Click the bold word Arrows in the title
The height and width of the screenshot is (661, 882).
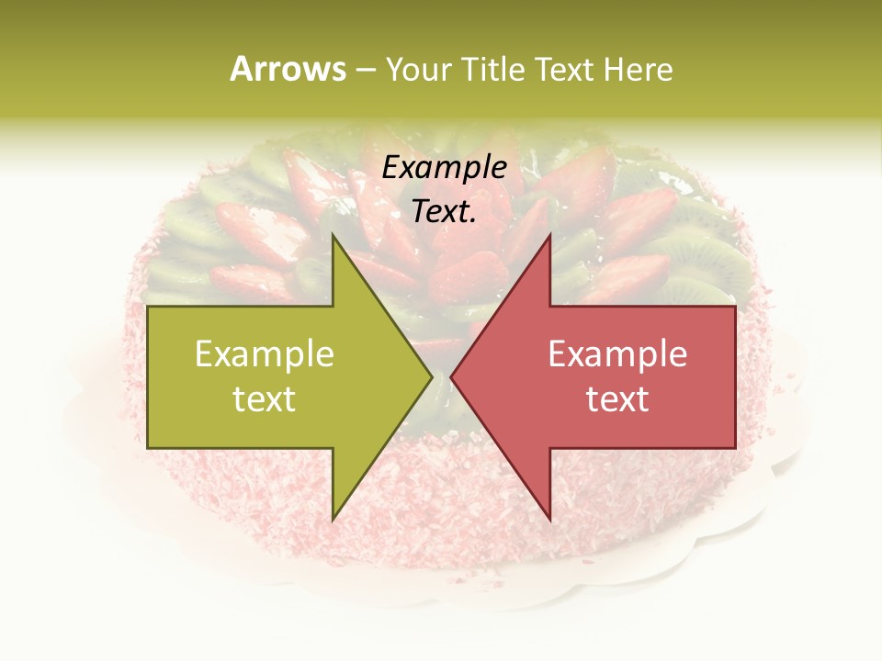(288, 69)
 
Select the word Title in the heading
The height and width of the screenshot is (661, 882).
(492, 69)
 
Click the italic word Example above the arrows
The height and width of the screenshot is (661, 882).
(445, 168)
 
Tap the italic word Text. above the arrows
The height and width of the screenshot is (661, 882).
(445, 211)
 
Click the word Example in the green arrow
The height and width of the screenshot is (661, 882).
(265, 353)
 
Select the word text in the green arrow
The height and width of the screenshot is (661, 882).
(265, 399)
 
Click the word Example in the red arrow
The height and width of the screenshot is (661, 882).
(617, 353)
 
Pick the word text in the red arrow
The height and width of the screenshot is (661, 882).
(617, 399)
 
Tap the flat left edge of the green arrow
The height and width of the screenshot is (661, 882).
(149, 376)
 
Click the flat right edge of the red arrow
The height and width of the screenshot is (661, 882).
(734, 376)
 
